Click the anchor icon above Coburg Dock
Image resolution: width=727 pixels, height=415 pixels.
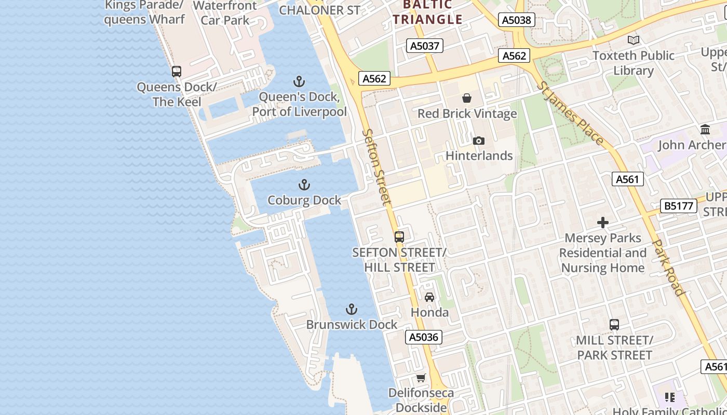pos(304,185)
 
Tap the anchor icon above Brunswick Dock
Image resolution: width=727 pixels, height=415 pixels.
pos(352,310)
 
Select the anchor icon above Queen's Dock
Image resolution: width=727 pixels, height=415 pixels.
pos(299,81)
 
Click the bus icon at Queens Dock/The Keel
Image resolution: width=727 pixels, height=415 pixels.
pos(177,72)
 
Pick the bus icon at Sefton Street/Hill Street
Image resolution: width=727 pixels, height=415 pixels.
pos(399,237)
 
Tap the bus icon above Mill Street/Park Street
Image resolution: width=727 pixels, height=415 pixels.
pos(614,325)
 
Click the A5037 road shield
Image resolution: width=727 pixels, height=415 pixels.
pos(425,46)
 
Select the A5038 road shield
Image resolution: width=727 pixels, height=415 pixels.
pos(517,20)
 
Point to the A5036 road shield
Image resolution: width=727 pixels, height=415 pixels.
pos(424,337)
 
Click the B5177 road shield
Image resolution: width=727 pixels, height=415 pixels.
pos(679,206)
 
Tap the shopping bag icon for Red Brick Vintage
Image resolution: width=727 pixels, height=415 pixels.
pos(467,98)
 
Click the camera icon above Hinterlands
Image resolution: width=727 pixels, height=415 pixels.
pos(479,141)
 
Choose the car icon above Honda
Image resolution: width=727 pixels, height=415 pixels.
pos(429,297)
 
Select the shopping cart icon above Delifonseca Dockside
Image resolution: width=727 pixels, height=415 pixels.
pos(421,378)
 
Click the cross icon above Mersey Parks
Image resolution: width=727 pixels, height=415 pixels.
pos(603,223)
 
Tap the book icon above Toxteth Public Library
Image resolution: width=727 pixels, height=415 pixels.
pos(633,40)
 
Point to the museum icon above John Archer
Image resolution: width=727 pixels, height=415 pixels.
pos(705,129)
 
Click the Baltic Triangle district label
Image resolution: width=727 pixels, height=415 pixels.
pos(427,12)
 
